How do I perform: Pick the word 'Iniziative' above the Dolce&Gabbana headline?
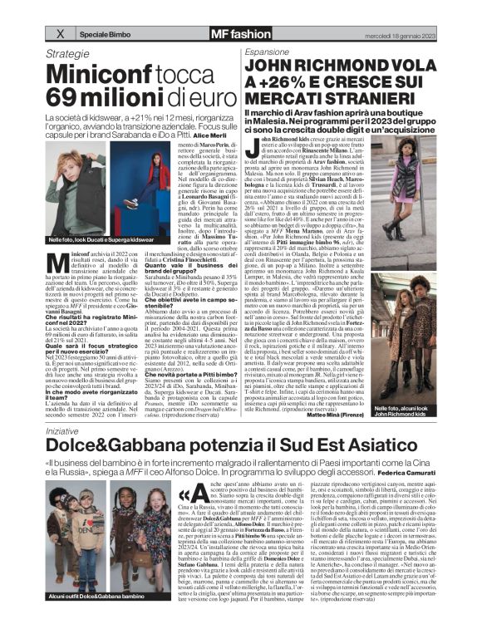click(66, 431)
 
